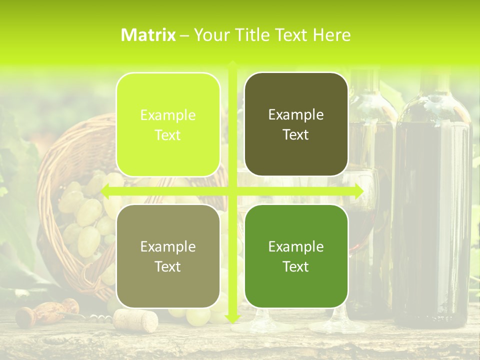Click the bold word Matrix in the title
point(148,35)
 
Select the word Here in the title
point(332,35)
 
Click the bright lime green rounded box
point(168,124)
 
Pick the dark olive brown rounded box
point(296,124)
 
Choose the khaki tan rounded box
point(168,256)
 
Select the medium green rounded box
point(296,256)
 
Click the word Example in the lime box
point(168,115)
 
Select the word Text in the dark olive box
point(296,135)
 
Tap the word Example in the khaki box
point(168,246)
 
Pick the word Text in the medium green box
point(296,266)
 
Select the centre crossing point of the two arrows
point(232,191)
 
